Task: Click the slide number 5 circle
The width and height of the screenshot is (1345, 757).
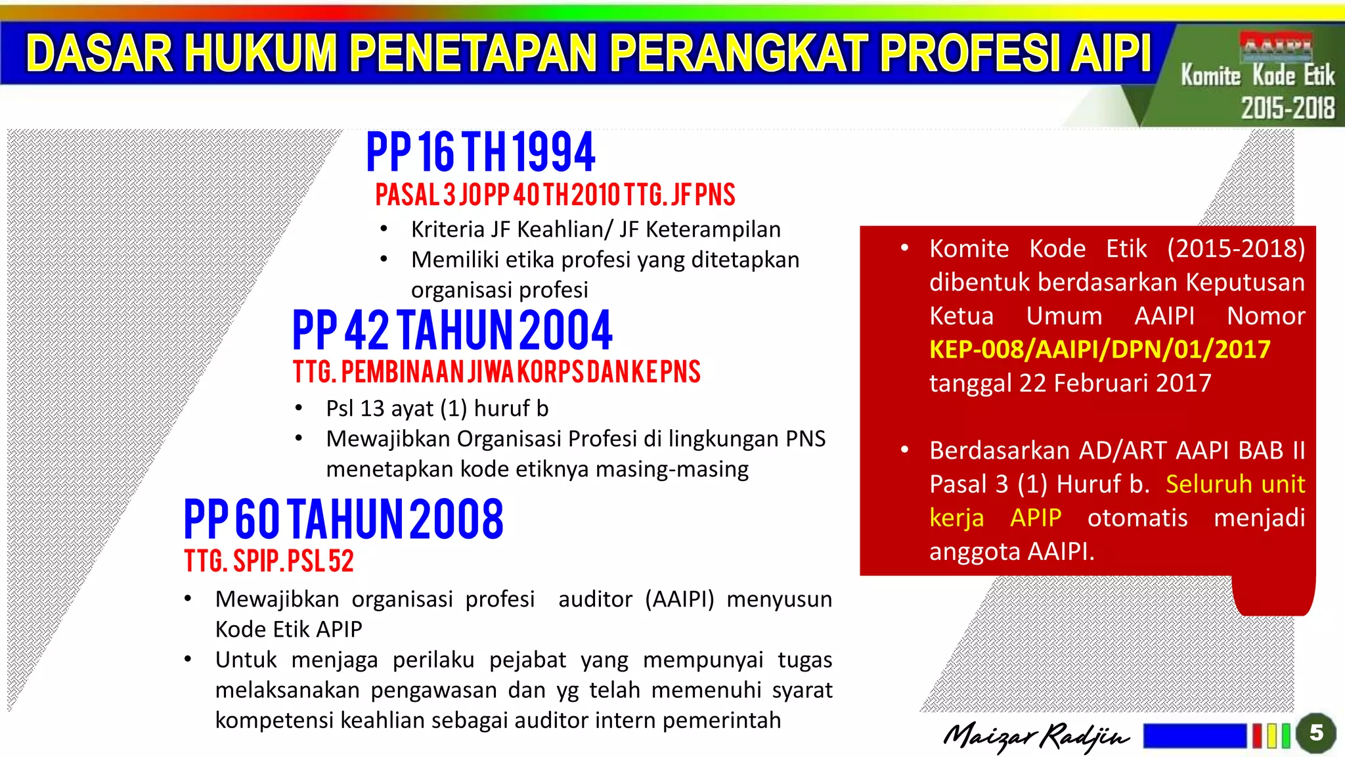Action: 1315,733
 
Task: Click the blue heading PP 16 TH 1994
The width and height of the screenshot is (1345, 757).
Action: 481,152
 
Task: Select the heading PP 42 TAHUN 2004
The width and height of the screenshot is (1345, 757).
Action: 452,330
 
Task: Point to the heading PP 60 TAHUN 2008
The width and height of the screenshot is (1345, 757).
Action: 343,519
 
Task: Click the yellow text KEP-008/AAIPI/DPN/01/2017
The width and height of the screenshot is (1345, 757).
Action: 1099,350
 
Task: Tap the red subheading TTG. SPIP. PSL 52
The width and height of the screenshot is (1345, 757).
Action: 269,561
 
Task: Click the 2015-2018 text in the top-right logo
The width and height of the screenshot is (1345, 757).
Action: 1287,108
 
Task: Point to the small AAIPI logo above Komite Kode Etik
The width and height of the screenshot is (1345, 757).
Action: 1275,46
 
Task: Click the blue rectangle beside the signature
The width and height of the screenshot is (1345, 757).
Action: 1194,736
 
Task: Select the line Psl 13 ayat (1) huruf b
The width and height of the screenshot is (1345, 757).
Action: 437,409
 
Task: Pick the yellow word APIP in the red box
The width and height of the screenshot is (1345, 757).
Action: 1036,518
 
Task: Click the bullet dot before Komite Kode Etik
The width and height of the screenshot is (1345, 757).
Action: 904,248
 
